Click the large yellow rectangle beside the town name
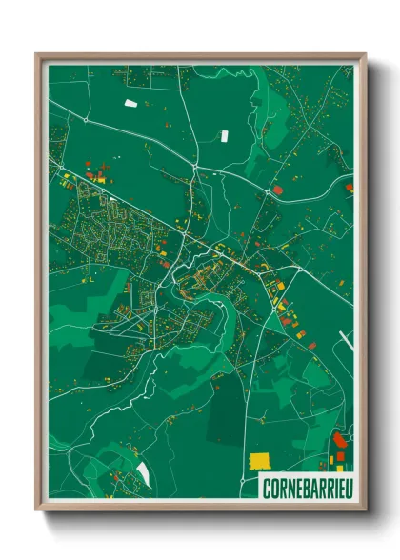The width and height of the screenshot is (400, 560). (x=259, y=460)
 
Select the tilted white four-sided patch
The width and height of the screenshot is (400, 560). (x=130, y=102)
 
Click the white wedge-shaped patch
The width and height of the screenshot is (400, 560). (x=144, y=472)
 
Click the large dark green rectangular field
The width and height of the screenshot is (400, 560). (x=227, y=413)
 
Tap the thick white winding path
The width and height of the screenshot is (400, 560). (x=105, y=400)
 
